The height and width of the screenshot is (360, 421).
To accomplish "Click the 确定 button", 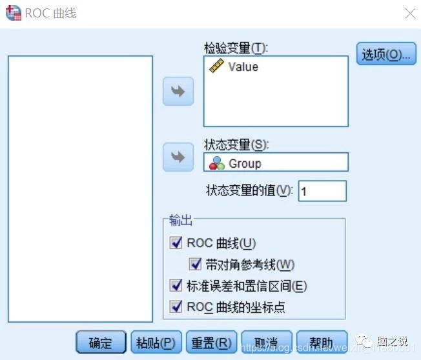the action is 100,343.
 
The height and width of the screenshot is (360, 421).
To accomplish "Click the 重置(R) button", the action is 209,343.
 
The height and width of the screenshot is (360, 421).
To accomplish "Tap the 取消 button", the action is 266,343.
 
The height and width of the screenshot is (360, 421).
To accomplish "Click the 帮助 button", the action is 321,343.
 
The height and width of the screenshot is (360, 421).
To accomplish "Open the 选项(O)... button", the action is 385,55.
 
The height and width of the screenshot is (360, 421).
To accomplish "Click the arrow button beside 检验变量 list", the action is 178,92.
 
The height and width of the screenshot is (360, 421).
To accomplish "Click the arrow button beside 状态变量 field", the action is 178,157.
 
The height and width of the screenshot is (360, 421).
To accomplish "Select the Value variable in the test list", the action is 243,66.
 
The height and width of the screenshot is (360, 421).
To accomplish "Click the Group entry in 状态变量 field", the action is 245,163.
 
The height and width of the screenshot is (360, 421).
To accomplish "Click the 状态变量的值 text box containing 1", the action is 322,191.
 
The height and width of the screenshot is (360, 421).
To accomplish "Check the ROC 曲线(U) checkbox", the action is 176,243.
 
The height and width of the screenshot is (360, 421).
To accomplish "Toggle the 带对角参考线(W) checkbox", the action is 196,265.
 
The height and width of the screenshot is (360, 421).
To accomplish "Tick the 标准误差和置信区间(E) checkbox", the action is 176,286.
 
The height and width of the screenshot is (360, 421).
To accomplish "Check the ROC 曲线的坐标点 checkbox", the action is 176,307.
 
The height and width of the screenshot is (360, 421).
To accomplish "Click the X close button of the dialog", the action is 409,12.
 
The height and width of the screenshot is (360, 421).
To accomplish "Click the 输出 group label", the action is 181,221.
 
